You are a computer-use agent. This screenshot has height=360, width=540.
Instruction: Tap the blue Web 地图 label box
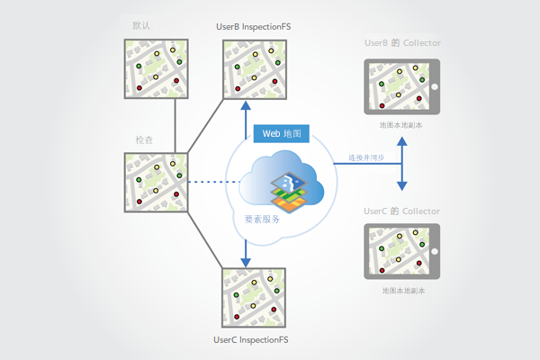click(x=283, y=134)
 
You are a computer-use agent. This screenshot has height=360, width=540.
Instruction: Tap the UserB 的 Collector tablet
click(x=400, y=87)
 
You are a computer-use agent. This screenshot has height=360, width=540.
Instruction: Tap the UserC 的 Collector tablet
click(x=400, y=252)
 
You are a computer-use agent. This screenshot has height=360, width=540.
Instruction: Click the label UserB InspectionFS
click(x=253, y=27)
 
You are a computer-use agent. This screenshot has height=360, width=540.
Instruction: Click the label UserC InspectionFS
click(x=252, y=340)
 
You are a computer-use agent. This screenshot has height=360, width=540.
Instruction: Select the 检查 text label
click(x=143, y=141)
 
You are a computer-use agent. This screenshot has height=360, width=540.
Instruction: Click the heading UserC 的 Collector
click(x=401, y=211)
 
